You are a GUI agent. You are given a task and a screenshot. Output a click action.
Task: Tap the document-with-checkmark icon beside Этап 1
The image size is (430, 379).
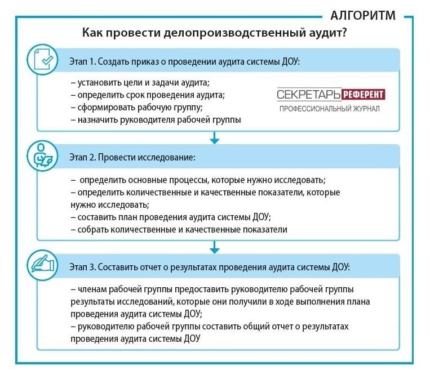(x=42, y=59)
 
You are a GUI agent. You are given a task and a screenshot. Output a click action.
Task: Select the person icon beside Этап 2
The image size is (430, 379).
(x=43, y=156)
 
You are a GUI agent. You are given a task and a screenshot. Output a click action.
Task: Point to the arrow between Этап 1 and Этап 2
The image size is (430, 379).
(x=214, y=137)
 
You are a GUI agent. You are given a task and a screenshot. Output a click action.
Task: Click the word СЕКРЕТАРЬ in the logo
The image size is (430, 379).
(x=308, y=94)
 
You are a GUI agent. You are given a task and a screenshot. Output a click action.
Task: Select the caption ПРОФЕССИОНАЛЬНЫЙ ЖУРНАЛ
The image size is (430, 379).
(x=329, y=108)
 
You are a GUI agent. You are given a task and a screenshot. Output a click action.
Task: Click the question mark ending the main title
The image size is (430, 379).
(x=344, y=33)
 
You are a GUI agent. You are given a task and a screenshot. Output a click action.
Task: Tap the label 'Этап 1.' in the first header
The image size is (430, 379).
(x=83, y=61)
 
